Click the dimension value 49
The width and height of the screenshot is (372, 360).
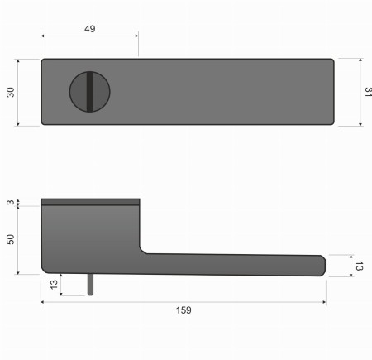coord(89,29)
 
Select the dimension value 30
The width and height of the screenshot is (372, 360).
coord(11,92)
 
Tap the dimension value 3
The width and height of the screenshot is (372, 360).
coord(11,202)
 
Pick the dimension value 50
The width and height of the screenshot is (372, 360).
coord(11,239)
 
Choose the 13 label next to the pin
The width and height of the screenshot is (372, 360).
coord(54,285)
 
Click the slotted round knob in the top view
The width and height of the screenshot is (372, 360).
coord(86,91)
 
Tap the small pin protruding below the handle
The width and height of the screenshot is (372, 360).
coord(91,284)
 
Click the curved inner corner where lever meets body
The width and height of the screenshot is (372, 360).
coord(143,247)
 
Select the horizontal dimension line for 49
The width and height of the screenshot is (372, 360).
coord(89,36)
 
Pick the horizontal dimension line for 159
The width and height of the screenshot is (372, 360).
coord(184,301)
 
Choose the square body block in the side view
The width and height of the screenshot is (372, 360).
coord(89,236)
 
